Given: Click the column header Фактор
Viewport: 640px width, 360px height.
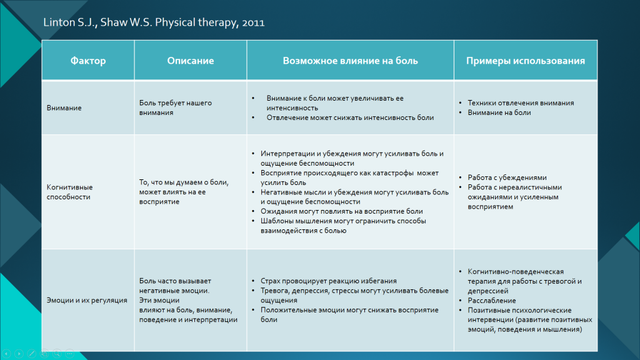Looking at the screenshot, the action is point(88,61).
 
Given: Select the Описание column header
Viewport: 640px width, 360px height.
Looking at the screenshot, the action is point(190,61).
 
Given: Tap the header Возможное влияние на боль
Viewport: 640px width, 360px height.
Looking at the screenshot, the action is point(350,61).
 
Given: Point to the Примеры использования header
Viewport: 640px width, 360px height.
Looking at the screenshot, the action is point(525,61).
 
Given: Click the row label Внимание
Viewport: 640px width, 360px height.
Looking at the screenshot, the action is point(64,107).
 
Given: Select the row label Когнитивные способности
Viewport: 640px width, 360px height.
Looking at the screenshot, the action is point(70,192).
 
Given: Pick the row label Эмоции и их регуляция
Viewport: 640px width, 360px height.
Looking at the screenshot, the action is point(87,301).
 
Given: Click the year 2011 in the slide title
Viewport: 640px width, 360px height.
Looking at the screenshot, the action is point(253,23).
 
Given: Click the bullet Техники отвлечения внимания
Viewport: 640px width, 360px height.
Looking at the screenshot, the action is point(521,103).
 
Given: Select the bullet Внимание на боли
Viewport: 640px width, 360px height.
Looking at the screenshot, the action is point(499,112).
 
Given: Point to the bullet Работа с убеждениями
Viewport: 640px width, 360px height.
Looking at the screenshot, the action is point(507,177).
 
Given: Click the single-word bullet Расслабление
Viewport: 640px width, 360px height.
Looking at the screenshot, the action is point(492,301).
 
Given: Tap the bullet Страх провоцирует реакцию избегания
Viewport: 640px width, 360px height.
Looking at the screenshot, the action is point(329,281).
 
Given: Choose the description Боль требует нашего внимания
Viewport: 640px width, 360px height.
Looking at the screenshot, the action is point(176,107).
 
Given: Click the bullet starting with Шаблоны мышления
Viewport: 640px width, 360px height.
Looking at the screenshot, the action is point(343,226).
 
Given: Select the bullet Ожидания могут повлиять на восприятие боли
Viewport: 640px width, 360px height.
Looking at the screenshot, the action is point(342,211).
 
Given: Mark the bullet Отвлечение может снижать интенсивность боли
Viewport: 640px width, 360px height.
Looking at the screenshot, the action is point(350,117).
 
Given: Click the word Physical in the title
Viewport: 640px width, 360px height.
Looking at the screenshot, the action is point(175,22).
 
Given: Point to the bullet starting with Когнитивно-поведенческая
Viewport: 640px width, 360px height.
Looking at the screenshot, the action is point(524,281).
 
